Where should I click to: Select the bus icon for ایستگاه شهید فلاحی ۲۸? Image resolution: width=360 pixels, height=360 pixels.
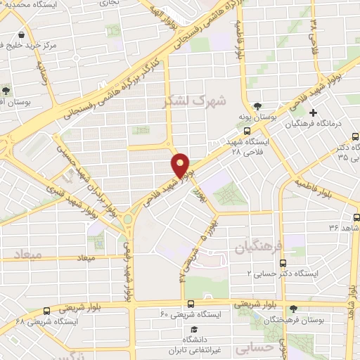coord(246,130)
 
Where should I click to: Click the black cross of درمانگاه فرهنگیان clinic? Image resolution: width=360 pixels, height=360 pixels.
coord(314,112)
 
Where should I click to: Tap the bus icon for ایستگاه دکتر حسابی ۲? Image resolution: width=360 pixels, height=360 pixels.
coord(283,263)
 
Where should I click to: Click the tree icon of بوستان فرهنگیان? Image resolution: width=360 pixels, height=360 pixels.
coord(292,309)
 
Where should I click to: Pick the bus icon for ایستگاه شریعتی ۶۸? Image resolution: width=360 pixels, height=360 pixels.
coord(46,310)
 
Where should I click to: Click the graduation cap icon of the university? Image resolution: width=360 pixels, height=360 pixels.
coord(193,329)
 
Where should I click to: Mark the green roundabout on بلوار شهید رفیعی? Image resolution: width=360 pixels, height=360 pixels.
coord(127,218)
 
